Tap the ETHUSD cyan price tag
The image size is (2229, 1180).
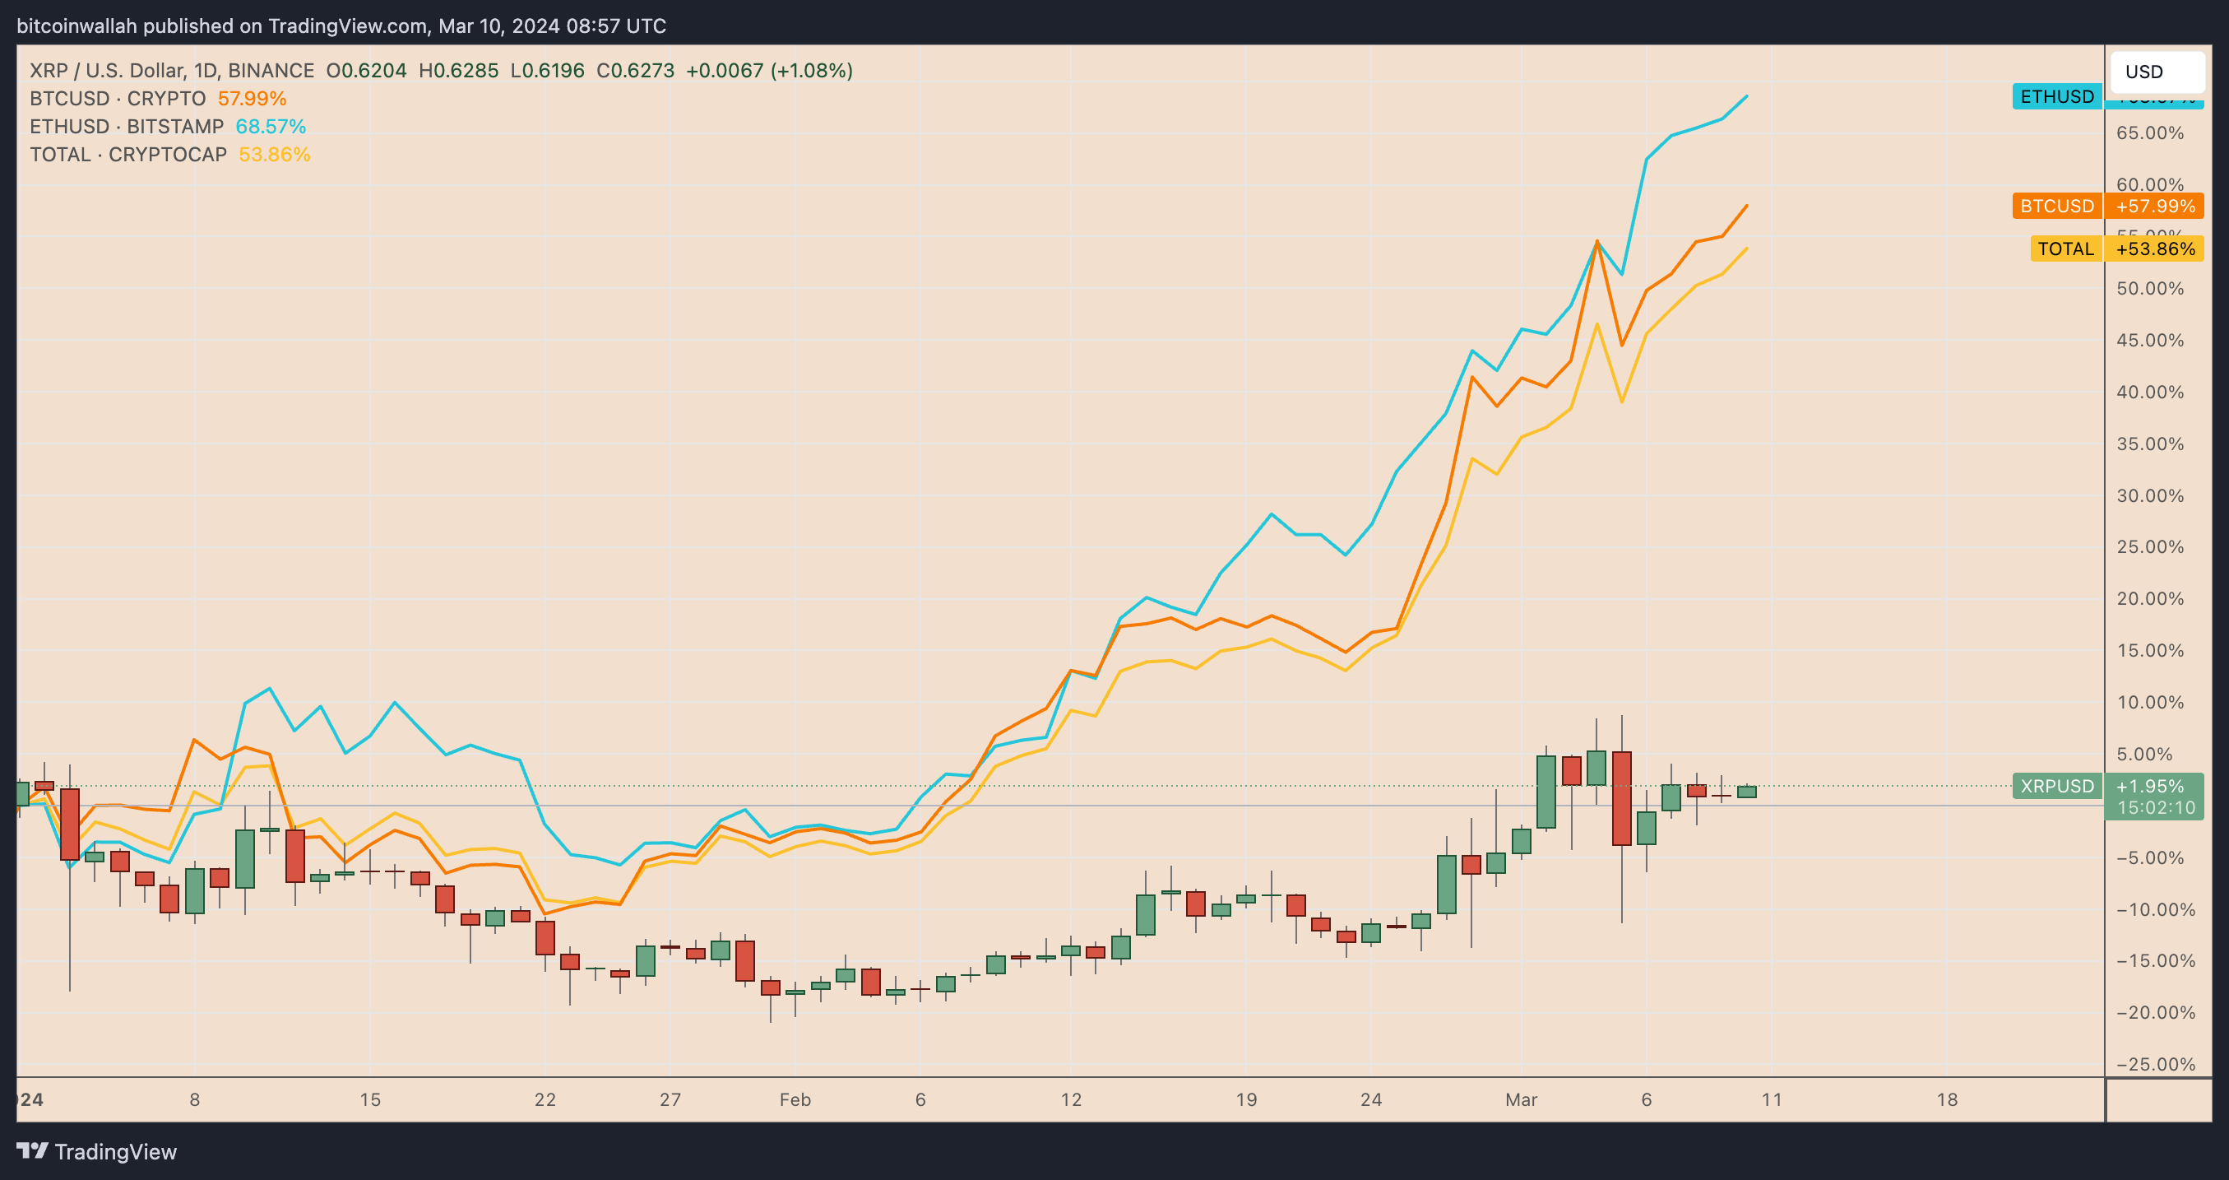pyautogui.click(x=2056, y=96)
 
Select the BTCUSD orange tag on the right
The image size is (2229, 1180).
pyautogui.click(x=2056, y=206)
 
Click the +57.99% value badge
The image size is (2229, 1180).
pyautogui.click(x=2155, y=206)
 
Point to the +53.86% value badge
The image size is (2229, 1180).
pyautogui.click(x=2155, y=249)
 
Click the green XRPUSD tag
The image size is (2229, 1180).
pyautogui.click(x=2056, y=786)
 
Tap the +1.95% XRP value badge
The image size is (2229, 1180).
pyautogui.click(x=2149, y=786)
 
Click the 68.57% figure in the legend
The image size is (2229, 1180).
pyautogui.click(x=271, y=127)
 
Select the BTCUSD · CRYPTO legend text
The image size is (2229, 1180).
pyautogui.click(x=118, y=99)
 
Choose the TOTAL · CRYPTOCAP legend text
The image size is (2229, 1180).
pyautogui.click(x=128, y=154)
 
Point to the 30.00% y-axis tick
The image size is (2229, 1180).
pyautogui.click(x=2149, y=496)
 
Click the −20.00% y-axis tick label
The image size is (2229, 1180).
pyautogui.click(x=2155, y=1013)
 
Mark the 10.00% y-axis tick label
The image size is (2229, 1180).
pyautogui.click(x=2149, y=703)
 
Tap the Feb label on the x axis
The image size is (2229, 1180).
pyautogui.click(x=795, y=1099)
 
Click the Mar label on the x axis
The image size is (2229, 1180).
pyautogui.click(x=1520, y=1099)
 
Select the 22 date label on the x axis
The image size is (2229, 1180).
pyautogui.click(x=545, y=1099)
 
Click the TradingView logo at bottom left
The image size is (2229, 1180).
pyautogui.click(x=97, y=1151)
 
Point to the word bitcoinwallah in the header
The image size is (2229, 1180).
pyautogui.click(x=77, y=26)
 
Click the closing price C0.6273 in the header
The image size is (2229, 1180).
pyautogui.click(x=635, y=71)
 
